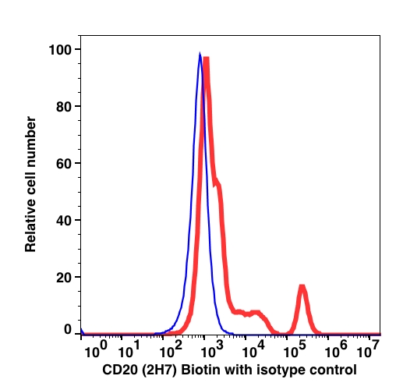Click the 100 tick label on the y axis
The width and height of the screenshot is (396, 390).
[60, 50]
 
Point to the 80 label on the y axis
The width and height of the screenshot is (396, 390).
[63, 107]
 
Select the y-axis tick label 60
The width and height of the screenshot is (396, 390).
[63, 164]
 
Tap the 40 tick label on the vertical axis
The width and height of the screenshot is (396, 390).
[63, 221]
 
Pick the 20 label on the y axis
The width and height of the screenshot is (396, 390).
[63, 278]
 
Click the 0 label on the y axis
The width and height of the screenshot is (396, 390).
[68, 330]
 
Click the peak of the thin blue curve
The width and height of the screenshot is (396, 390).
[200, 53]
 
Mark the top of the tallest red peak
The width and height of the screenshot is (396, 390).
[207, 58]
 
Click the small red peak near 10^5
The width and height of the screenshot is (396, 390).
[302, 285]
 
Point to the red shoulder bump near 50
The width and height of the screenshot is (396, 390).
[217, 182]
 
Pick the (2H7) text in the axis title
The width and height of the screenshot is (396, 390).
[159, 370]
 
